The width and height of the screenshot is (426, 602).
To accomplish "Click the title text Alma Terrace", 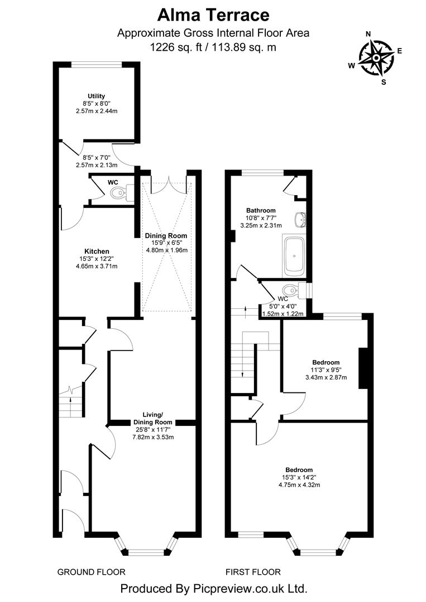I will click(213, 14).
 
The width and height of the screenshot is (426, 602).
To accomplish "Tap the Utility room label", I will click(96, 96).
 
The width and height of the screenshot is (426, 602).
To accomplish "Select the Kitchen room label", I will click(97, 251).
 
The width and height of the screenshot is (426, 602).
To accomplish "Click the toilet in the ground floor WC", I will click(120, 193).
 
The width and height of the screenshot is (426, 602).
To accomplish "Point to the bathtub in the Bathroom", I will click(294, 257).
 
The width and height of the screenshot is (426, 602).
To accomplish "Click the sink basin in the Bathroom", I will click(301, 220).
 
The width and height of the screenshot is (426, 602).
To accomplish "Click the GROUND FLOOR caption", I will click(92, 572).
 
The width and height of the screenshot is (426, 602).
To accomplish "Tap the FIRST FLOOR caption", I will click(253, 572).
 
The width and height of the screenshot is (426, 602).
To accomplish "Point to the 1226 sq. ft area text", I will click(213, 47).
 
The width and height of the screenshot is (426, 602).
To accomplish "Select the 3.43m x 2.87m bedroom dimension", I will click(326, 377).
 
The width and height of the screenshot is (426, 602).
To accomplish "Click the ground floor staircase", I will click(70, 401).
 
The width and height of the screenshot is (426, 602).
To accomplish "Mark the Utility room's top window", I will click(96, 64).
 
